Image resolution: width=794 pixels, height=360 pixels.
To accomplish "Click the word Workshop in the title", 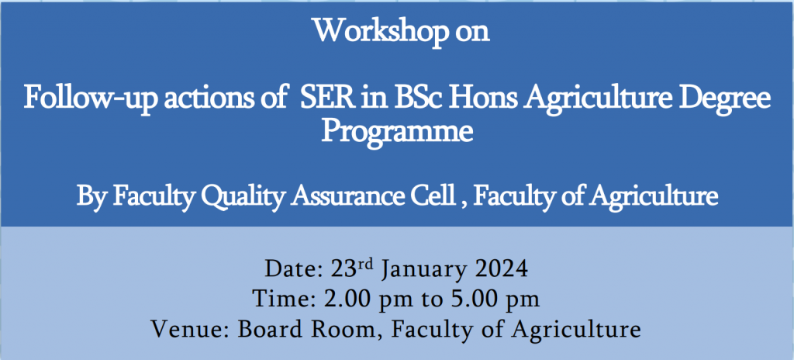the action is coord(380,33).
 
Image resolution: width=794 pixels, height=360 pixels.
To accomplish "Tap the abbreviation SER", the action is coord(326,98).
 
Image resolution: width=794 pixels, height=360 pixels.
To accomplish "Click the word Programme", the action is coord(398,133).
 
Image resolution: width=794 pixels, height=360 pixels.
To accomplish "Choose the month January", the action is coord(423,269).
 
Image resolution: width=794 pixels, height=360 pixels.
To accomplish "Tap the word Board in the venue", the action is coord(270,329).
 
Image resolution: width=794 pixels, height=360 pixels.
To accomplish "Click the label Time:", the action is coord(285,299).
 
